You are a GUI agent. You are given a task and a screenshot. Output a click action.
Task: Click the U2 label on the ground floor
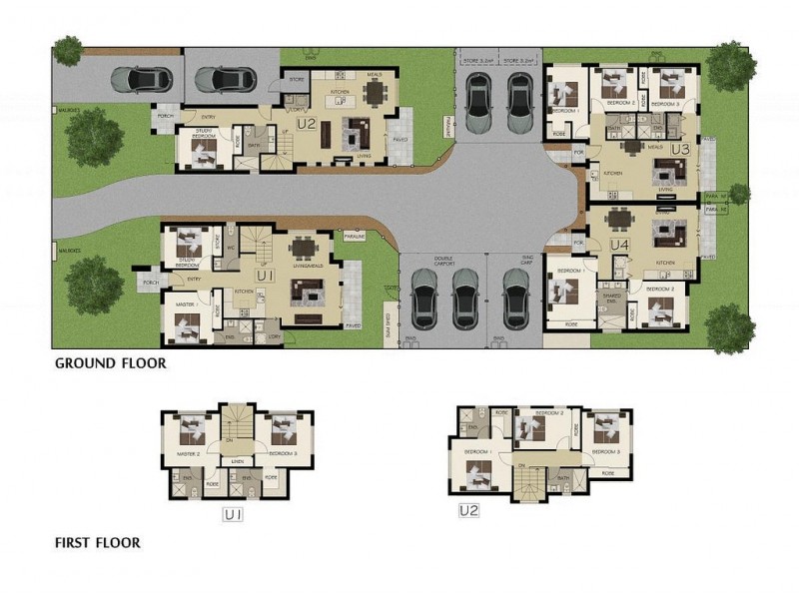point(307,125)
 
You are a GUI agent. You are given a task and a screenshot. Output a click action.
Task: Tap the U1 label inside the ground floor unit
point(266,274)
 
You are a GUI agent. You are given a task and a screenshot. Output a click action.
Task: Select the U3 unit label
point(681,149)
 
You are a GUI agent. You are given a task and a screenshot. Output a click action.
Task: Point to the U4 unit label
point(619,244)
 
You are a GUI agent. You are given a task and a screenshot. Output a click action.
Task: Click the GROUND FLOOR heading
point(110,364)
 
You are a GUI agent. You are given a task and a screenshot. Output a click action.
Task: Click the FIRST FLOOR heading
point(97,544)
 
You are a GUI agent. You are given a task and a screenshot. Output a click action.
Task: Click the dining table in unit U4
point(621,219)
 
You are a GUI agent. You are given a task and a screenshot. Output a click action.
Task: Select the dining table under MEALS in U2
point(375,93)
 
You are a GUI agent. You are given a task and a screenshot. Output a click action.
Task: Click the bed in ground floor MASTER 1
point(190,323)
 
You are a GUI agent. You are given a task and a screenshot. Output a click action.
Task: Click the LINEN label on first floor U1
point(237,460)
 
